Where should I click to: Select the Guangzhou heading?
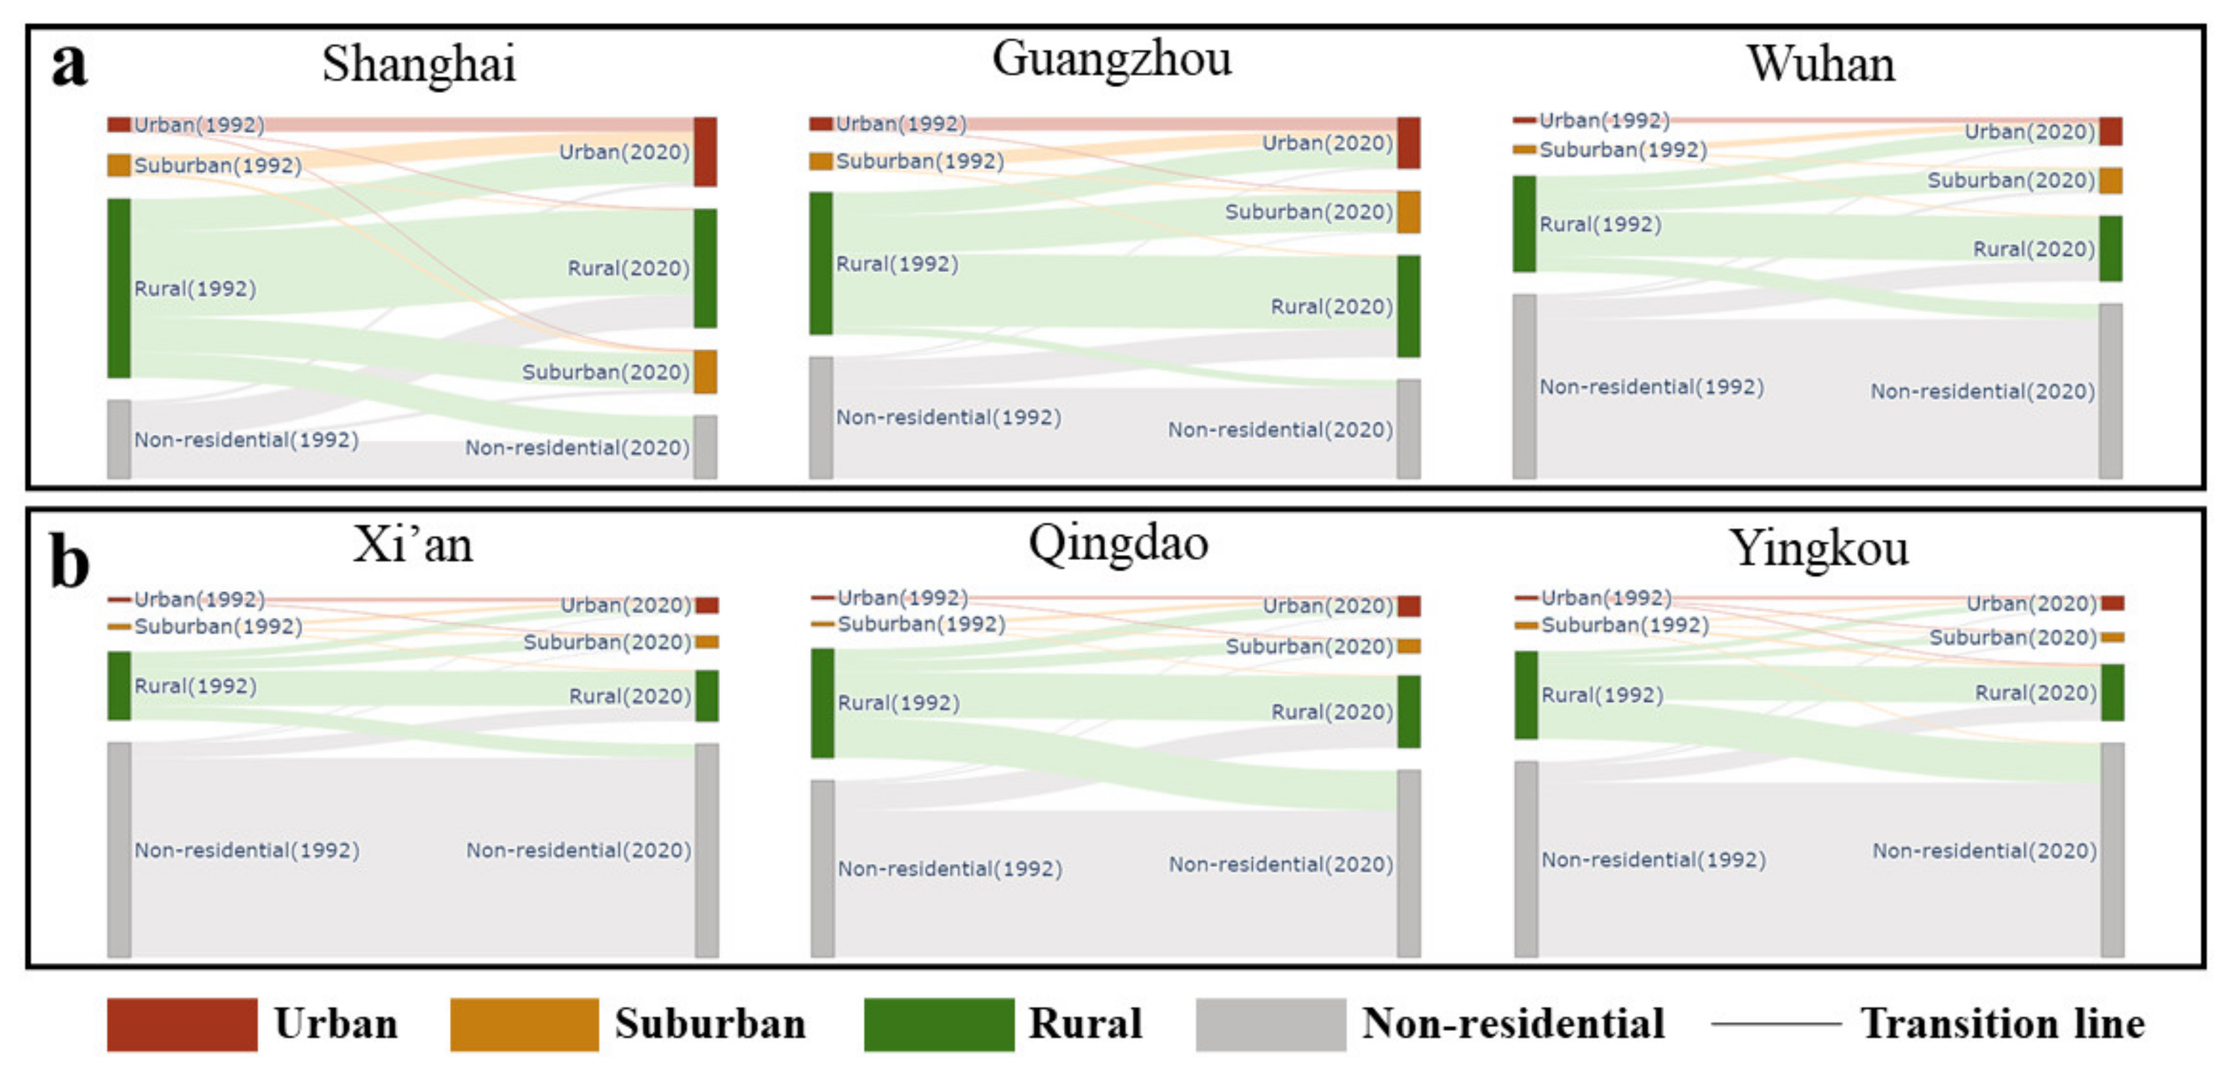(1111, 59)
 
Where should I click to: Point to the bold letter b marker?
(69, 561)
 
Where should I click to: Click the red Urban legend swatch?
(182, 1024)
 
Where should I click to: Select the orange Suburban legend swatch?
(524, 1024)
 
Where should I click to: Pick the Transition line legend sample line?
(1776, 1024)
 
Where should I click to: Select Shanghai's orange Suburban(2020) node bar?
(705, 371)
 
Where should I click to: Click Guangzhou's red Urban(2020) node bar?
(1408, 143)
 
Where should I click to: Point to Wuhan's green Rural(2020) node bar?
(2110, 249)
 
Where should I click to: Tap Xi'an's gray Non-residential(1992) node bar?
(119, 849)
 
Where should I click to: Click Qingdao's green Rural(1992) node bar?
(822, 702)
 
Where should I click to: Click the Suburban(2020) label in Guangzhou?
(1308, 212)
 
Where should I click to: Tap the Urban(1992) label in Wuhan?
(1604, 120)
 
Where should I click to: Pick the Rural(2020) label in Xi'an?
(630, 696)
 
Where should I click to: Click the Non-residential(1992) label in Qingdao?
(950, 868)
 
